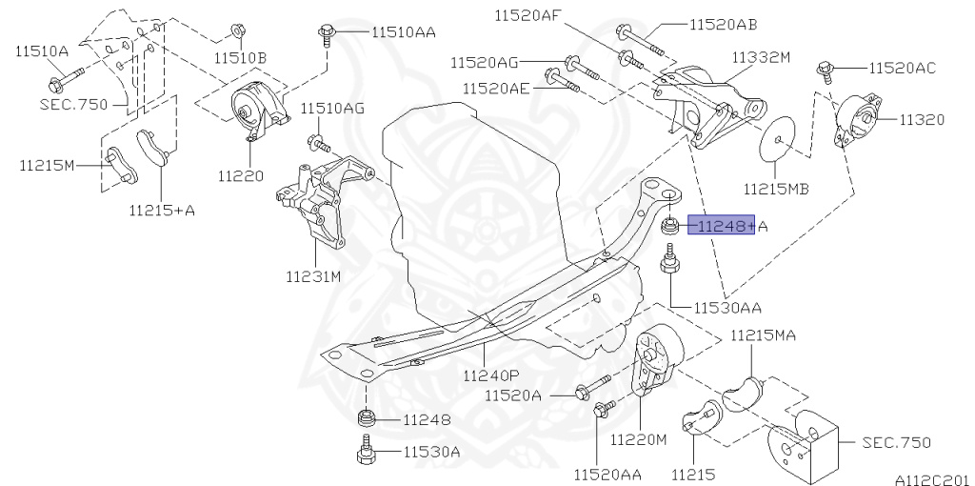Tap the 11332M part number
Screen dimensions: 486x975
[x=761, y=57]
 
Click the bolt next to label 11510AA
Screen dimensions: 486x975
[x=327, y=35]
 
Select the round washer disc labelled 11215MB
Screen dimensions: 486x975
[x=778, y=139]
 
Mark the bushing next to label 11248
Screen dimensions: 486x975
[x=365, y=417]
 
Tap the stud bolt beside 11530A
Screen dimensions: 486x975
[x=365, y=449]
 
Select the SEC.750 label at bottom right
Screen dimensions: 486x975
[x=896, y=442]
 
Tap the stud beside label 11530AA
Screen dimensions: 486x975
[x=668, y=263]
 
